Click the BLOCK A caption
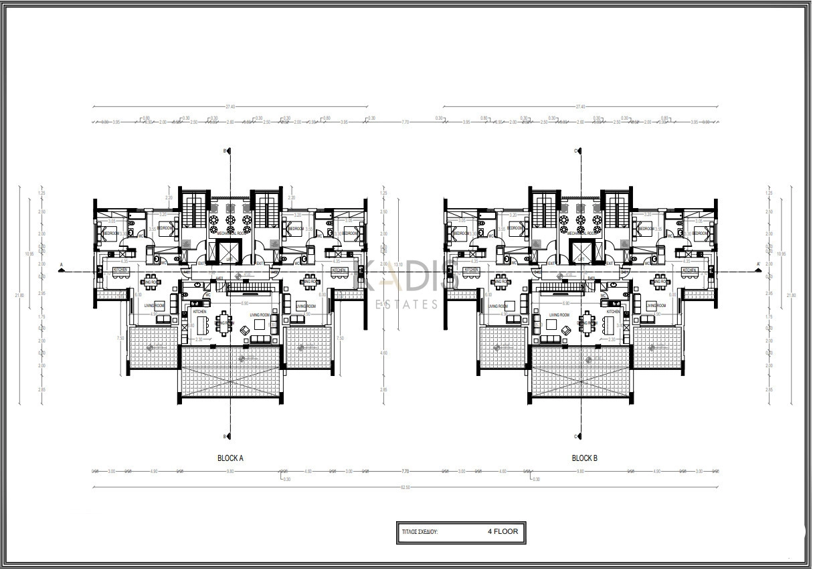[230, 458]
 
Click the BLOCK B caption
[584, 458]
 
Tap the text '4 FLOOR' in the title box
[503, 531]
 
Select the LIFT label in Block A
[230, 259]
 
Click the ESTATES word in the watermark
[407, 304]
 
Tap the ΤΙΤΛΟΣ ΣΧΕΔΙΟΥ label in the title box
[418, 532]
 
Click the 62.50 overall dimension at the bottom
[405, 487]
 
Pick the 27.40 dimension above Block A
[230, 106]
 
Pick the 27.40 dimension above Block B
[580, 106]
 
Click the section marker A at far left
[62, 265]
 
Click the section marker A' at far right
[758, 265]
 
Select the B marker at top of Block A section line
[225, 151]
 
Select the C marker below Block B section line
[576, 437]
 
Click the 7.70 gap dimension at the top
[405, 122]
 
